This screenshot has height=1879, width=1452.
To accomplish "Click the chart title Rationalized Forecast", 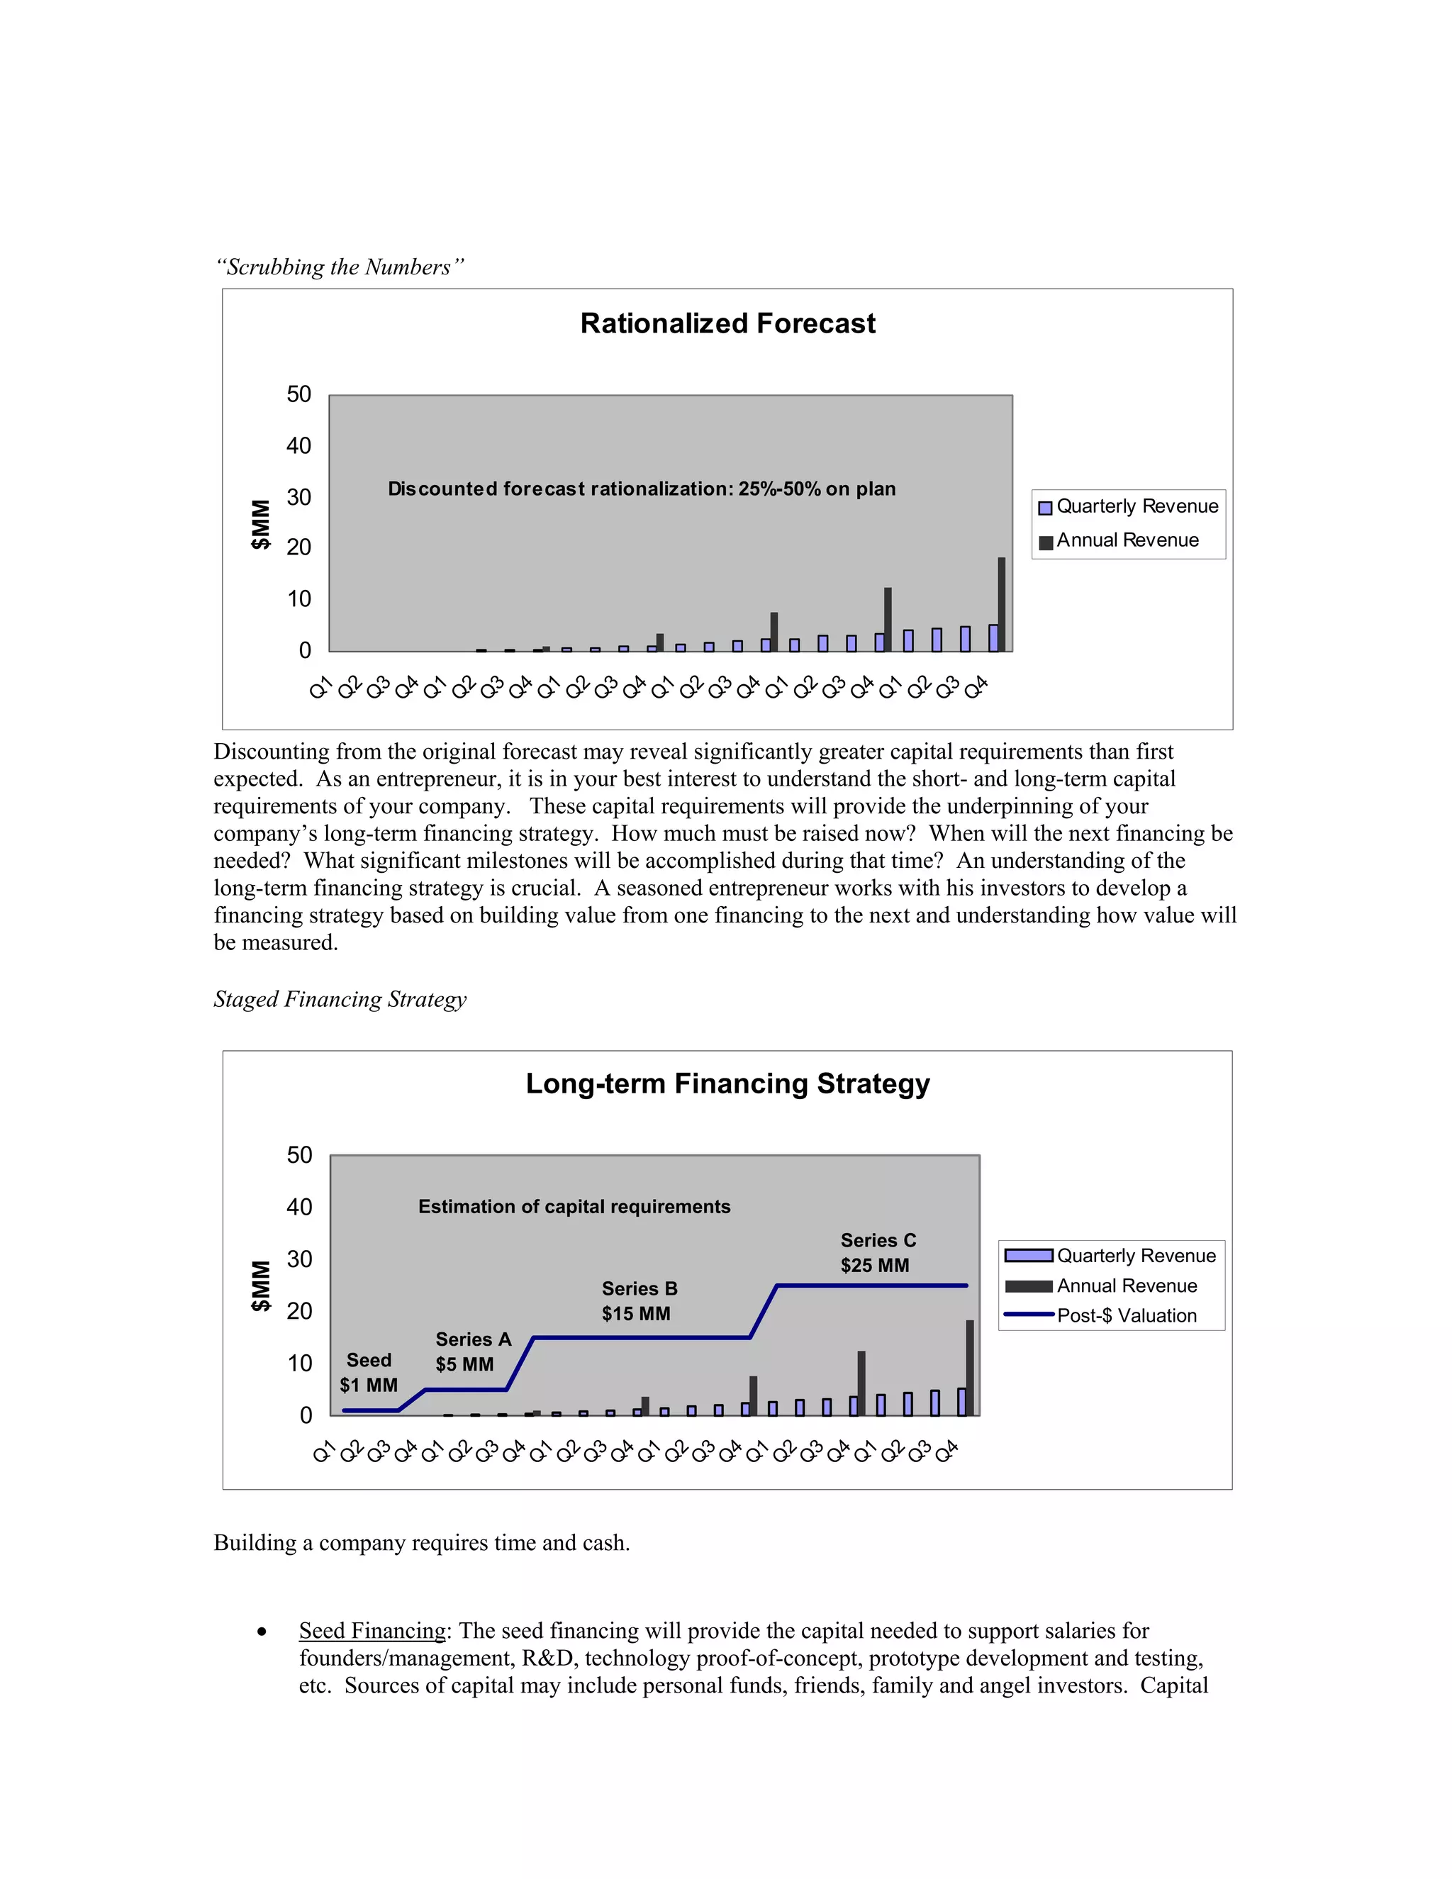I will pos(727,323).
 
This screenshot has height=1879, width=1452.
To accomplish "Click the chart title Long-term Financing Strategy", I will pos(727,1084).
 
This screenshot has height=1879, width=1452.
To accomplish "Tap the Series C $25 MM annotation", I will pos(878,1253).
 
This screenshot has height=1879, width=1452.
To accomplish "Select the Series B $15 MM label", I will pos(639,1301).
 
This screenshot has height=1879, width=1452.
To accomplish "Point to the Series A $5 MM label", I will pos(472,1351).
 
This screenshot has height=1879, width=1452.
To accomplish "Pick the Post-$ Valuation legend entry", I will pos(1126,1315).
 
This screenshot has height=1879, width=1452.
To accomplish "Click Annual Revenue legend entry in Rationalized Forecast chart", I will pos(1127,540).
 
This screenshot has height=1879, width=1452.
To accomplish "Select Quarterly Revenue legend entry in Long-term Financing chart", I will pos(1136,1256).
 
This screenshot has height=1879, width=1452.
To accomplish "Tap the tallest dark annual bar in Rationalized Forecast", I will pos(1001,604).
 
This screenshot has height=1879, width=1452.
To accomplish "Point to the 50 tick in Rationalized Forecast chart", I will pos(298,395).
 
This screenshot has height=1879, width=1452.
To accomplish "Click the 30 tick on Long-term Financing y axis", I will pos(299,1259).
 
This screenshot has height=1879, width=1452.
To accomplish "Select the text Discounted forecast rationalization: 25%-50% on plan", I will pos(642,489).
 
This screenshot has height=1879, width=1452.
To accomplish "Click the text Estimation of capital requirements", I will pos(574,1207).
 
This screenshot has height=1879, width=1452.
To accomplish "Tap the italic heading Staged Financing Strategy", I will pos(340,1000).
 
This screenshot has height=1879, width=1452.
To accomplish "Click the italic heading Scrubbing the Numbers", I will pos(339,267).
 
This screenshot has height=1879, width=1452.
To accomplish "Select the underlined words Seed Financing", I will pos(372,1632).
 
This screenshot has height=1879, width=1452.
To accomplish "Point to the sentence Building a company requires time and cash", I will pos(422,1544).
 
